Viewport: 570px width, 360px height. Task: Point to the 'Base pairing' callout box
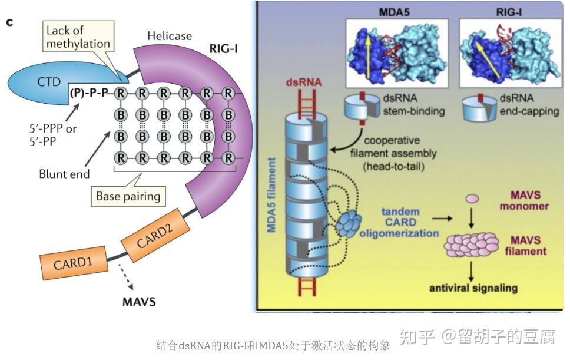coord(128,196)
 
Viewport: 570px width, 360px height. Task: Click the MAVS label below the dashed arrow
coord(139,303)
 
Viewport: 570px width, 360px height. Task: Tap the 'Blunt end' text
coord(64,174)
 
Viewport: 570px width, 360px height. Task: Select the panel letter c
coord(9,22)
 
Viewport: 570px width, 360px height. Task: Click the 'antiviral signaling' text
coord(473,288)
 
